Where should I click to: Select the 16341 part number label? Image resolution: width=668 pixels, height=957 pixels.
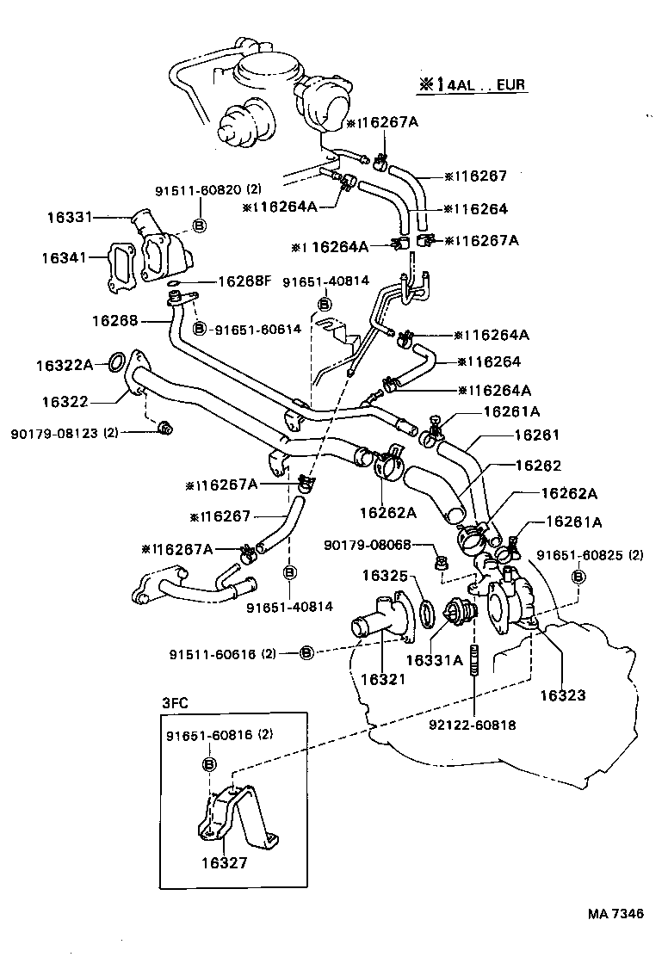coord(64,257)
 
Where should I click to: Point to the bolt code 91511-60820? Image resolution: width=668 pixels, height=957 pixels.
coord(198,189)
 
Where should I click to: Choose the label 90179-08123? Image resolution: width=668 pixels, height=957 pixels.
coord(53,433)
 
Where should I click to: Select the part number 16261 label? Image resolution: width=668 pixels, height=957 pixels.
coord(537,435)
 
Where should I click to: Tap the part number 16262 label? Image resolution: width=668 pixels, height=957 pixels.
coord(538,466)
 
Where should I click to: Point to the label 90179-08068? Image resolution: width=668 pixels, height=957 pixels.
coord(368,544)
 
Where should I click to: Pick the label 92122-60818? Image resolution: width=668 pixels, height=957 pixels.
coord(472,725)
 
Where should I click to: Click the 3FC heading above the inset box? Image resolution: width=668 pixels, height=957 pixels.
coord(175,702)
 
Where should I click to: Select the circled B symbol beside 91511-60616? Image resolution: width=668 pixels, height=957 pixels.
coord(307,653)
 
